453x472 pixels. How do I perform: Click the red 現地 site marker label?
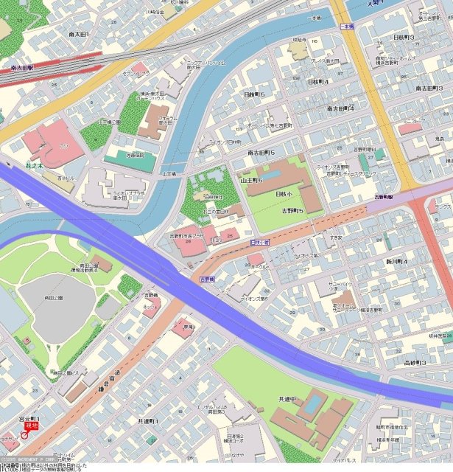(x=31, y=426)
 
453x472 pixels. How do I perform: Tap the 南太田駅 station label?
(x=24, y=67)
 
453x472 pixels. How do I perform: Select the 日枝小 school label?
(x=283, y=193)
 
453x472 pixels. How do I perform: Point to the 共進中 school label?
(x=289, y=398)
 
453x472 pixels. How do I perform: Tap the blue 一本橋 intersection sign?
(x=347, y=26)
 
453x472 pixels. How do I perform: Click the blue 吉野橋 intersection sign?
(x=207, y=280)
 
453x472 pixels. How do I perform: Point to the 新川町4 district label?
(x=396, y=262)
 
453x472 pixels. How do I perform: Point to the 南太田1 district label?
(x=78, y=34)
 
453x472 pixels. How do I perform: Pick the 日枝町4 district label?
(x=317, y=82)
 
